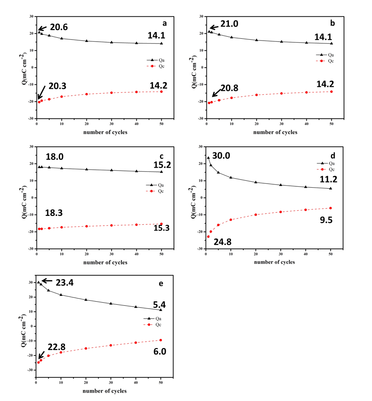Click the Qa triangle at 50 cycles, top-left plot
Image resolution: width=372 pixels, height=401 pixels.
161,44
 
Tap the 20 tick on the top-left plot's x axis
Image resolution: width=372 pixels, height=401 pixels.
86,124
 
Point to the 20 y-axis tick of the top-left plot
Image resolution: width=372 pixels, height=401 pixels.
32,33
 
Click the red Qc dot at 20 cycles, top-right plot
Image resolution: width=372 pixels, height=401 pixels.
256,95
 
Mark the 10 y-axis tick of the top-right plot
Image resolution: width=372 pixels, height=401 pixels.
202,50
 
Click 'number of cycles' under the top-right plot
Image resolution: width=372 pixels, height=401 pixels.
275,132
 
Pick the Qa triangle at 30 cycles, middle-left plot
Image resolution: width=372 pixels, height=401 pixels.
111,170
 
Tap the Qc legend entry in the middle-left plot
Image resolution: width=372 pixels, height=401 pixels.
155,191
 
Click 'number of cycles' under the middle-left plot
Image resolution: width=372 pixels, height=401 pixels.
105,262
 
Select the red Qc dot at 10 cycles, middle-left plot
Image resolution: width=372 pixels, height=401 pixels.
62,227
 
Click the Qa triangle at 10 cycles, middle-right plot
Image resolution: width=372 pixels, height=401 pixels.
231,177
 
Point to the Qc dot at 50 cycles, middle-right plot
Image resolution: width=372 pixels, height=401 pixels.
330,208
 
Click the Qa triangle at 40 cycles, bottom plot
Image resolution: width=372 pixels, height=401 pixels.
136,307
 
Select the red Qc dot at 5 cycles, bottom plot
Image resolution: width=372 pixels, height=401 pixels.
48,356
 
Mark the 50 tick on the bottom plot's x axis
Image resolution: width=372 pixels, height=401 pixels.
160,383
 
